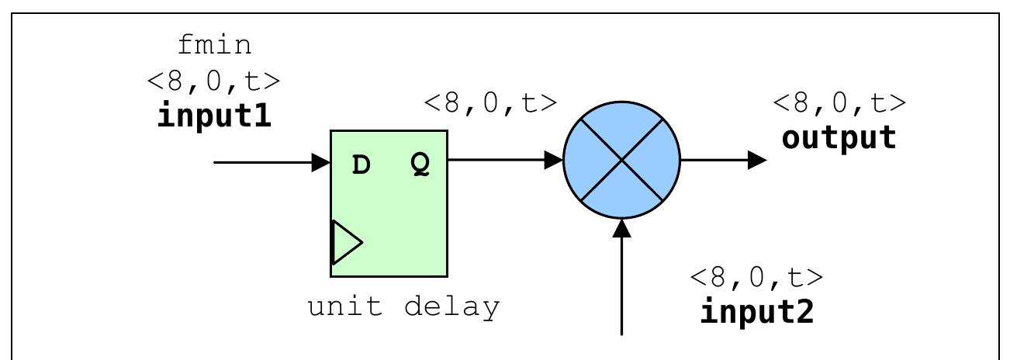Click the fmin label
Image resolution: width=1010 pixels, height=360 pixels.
coord(214,45)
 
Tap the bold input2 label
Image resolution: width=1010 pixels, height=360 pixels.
coord(757,311)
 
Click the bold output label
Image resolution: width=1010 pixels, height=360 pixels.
coord(839,137)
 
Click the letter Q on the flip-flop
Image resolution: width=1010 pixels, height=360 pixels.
coord(419,165)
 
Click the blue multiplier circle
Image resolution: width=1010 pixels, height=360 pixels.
coord(621,160)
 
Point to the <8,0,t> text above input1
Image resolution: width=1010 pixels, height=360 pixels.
coord(214,80)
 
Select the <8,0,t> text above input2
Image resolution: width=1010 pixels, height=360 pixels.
coord(757,276)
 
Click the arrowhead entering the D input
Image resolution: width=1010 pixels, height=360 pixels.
coord(321,162)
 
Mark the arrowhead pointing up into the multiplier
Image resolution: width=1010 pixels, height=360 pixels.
coord(622,229)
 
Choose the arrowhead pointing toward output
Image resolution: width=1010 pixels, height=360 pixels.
coord(757,161)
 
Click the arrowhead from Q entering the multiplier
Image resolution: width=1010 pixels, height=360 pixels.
coord(554,160)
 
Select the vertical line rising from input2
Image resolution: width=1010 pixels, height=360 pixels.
coord(622,287)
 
